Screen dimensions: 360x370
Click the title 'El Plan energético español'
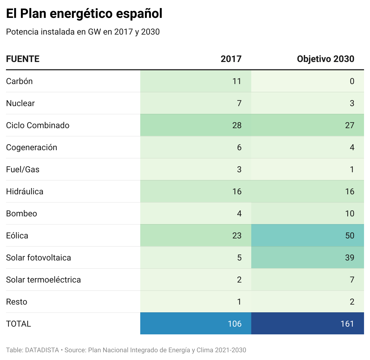click(x=84, y=14)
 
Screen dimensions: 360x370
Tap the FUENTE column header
click(x=23, y=59)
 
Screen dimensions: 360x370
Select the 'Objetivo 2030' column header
click(x=326, y=59)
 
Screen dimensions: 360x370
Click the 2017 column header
click(x=231, y=59)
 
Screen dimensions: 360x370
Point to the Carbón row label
click(x=19, y=81)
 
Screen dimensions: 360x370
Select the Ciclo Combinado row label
click(x=38, y=125)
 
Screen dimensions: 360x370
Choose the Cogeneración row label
click(x=32, y=148)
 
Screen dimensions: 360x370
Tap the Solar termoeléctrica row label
click(x=44, y=280)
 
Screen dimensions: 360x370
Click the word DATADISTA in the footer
click(x=42, y=350)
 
